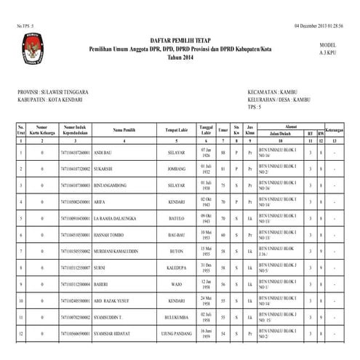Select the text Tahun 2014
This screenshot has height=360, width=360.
[180, 56]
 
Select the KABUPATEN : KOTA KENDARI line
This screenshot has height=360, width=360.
[47, 100]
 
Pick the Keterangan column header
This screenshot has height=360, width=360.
[334, 130]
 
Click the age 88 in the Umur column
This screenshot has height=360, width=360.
[223, 153]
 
